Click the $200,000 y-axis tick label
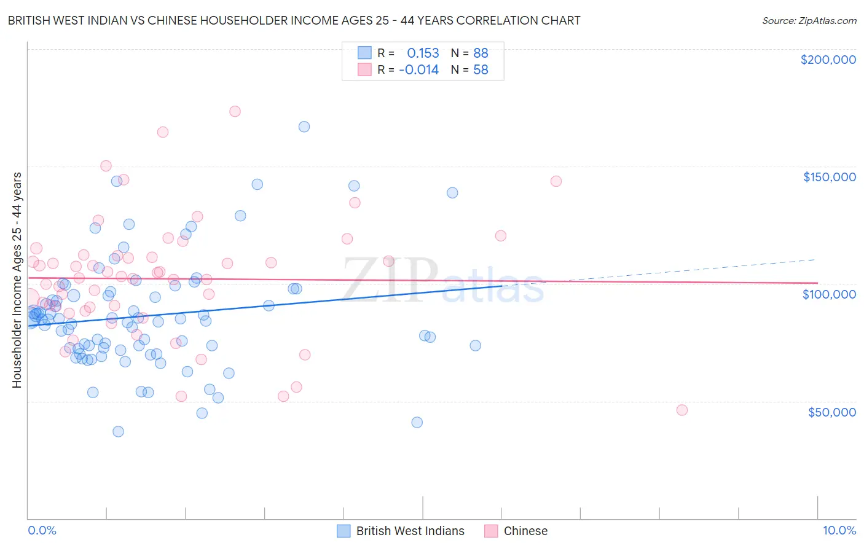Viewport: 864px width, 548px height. (x=828, y=60)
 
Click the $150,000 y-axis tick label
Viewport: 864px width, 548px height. (x=829, y=177)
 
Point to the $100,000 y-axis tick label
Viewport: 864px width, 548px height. (x=829, y=294)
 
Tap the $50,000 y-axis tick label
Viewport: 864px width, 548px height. (x=831, y=412)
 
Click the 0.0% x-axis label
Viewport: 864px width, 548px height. (x=42, y=530)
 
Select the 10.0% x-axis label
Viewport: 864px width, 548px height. (x=839, y=530)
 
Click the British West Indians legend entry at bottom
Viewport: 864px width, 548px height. (x=410, y=531)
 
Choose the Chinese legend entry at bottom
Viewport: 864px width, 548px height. (x=525, y=531)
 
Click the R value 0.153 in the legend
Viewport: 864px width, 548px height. (x=423, y=53)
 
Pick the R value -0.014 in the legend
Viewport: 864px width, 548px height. (x=418, y=70)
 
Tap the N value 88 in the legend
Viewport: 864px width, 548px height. (x=481, y=53)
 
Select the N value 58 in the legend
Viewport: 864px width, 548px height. (x=481, y=70)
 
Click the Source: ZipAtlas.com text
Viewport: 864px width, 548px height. (x=809, y=21)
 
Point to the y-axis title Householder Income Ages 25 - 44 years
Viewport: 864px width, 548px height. (x=17, y=280)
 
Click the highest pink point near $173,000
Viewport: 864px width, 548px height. (x=235, y=111)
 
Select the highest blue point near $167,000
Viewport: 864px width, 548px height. (x=304, y=127)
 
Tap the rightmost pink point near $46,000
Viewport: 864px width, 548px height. (x=681, y=410)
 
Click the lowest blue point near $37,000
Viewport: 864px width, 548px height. (x=118, y=431)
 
